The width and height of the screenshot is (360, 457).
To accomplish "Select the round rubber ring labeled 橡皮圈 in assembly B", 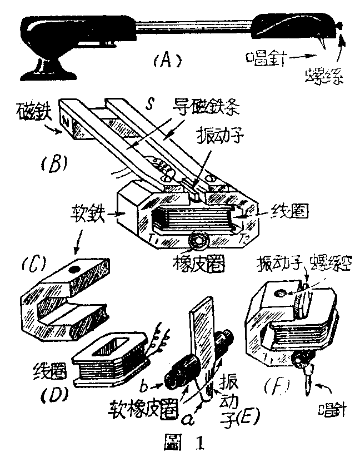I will coord(198,241).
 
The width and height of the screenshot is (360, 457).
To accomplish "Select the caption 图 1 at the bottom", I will coord(181,444).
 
